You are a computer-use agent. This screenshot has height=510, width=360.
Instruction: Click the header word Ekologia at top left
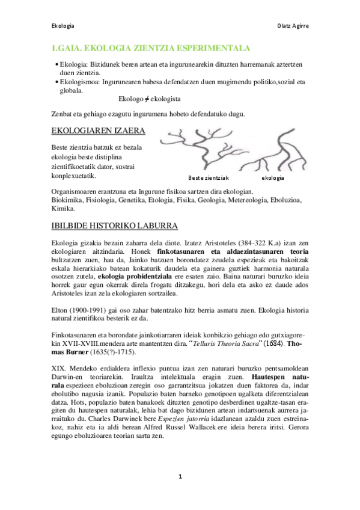tap(63, 26)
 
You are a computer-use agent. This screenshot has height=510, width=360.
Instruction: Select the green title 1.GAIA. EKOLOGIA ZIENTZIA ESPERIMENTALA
tap(151, 49)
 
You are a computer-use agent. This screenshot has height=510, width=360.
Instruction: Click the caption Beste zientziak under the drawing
tap(209, 179)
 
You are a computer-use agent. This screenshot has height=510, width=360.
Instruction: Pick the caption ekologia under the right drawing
tap(273, 179)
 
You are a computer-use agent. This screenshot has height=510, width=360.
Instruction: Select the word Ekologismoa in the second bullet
tap(79, 81)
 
